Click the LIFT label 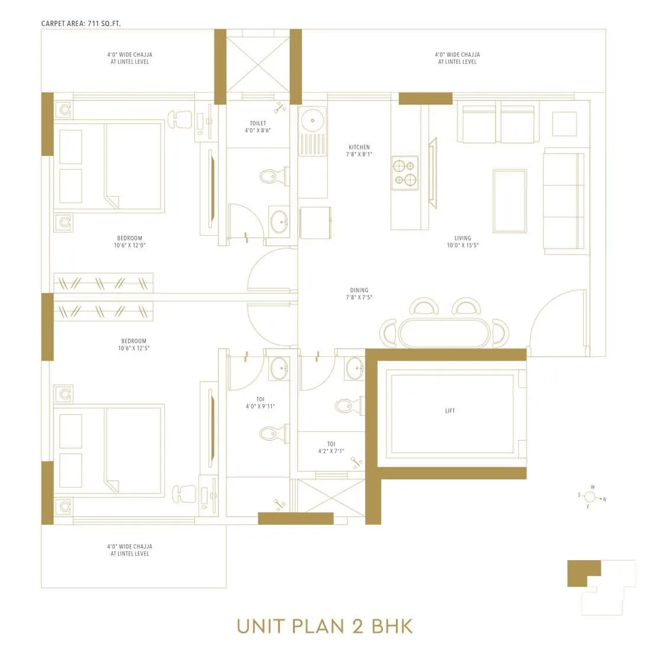450,411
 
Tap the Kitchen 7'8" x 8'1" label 359,151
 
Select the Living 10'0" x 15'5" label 463,242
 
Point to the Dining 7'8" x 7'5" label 359,294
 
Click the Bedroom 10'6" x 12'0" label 130,242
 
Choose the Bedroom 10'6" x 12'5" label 134,344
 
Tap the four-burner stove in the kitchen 405,173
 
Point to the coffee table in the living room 509,201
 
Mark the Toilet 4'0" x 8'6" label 258,126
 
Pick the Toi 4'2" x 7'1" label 331,447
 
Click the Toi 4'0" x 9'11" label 261,403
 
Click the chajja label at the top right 457,58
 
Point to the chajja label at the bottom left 130,550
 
